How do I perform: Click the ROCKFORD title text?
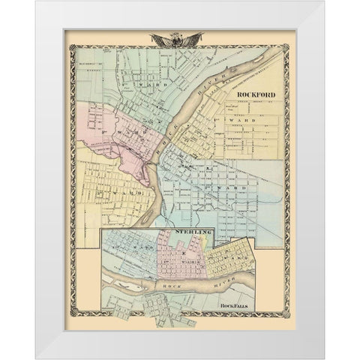click(x=255, y=94)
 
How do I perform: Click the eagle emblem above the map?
click(x=179, y=38)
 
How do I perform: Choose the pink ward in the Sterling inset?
click(x=180, y=259)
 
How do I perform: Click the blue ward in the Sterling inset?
click(x=131, y=251)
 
